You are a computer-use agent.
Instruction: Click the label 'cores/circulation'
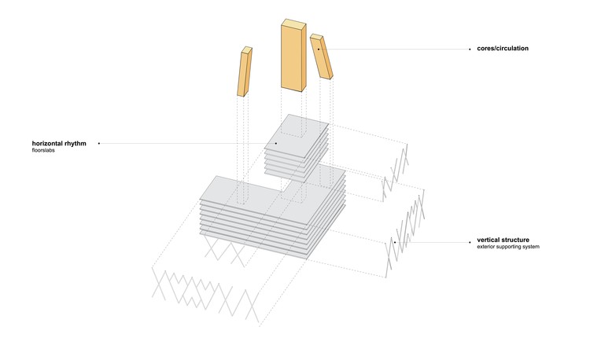tap(503, 49)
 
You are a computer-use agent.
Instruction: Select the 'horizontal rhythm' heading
tap(59, 144)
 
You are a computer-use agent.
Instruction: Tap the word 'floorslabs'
tap(43, 150)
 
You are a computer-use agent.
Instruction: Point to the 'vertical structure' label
tap(503, 240)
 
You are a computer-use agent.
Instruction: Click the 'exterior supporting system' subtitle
tap(508, 247)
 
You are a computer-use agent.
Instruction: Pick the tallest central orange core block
tap(293, 55)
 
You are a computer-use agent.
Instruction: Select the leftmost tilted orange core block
tap(245, 72)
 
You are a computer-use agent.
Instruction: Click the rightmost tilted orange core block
tap(321, 57)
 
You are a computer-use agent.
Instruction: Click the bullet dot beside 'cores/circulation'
tap(470, 50)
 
